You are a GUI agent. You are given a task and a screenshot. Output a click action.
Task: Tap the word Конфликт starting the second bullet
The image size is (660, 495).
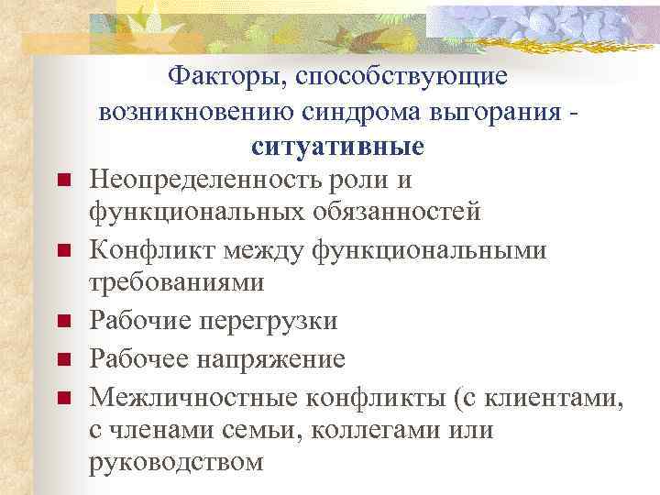tap(147, 248)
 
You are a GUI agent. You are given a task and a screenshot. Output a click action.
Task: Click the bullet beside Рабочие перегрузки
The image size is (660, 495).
tap(63, 322)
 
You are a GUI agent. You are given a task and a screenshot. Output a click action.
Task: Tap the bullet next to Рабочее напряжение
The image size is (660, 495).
tap(63, 358)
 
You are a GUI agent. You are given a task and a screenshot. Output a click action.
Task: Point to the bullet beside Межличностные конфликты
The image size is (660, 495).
tap(63, 397)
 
